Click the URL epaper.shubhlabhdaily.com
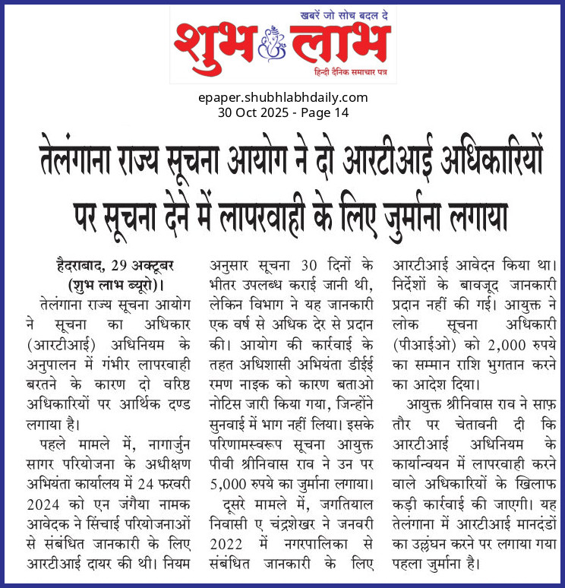282,97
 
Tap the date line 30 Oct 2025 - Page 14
282,112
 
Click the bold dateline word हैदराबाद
77,266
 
